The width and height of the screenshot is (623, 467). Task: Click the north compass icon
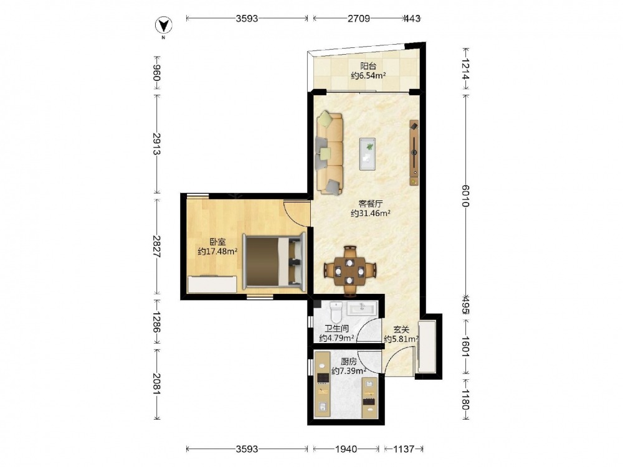click(x=163, y=26)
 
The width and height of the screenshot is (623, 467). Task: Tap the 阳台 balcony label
click(x=368, y=66)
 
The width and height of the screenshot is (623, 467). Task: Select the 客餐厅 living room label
click(x=370, y=204)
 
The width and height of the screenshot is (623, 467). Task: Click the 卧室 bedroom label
click(x=217, y=242)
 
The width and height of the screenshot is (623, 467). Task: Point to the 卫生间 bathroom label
click(x=336, y=328)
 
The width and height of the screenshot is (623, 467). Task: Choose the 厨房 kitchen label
click(x=349, y=361)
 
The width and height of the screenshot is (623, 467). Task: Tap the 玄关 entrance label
click(x=401, y=329)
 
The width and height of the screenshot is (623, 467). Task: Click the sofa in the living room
click(x=330, y=153)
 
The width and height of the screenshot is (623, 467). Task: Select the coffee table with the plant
click(x=368, y=154)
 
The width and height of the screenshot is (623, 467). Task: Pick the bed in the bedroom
click(x=274, y=261)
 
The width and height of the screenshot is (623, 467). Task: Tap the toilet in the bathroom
click(x=336, y=312)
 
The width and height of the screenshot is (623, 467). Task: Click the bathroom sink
click(x=361, y=308)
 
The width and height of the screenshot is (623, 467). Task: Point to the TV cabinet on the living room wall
click(x=414, y=153)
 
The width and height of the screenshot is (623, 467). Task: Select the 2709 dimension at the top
click(x=359, y=18)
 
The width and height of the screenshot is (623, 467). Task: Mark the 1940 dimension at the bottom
click(x=346, y=449)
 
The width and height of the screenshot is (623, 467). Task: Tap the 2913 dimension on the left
click(x=156, y=144)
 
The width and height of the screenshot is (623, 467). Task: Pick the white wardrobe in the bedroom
click(x=212, y=285)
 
